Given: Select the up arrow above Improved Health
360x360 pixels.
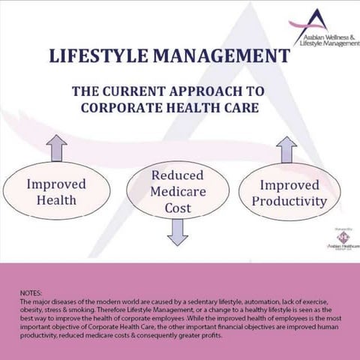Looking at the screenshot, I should coord(56,147).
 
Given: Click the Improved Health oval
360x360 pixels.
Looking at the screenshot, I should coord(56,191).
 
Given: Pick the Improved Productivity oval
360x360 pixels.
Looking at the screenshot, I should coord(289,193).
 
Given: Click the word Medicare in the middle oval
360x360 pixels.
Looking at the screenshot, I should coord(178,191).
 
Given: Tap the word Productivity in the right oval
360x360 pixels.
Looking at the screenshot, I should coord(289,201).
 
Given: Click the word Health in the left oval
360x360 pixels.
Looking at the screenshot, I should coord(56,200).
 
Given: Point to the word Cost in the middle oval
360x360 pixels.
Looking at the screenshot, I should coord(178,208).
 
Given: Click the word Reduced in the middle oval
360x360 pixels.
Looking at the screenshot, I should coord(178,175).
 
